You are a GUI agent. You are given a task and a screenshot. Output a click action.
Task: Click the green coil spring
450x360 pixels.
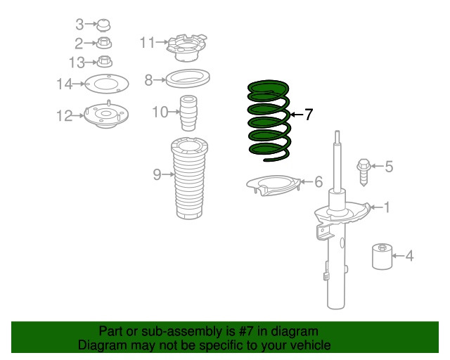coord(268,120)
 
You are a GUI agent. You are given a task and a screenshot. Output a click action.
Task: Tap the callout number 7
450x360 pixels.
coord(308,115)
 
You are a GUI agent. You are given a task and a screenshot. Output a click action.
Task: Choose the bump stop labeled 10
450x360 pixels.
coord(188,113)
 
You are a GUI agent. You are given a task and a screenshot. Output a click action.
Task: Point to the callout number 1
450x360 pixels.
coord(385,207)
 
